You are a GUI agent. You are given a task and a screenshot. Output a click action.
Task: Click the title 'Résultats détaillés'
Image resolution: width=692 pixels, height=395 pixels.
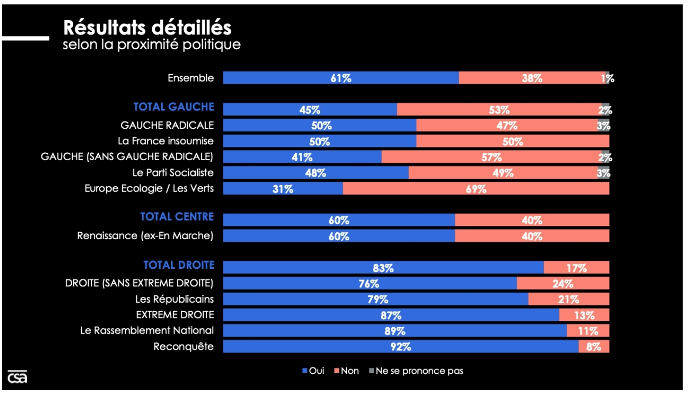point(147,28)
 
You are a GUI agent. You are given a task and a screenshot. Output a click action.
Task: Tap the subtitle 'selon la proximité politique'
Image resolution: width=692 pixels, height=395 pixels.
point(152,45)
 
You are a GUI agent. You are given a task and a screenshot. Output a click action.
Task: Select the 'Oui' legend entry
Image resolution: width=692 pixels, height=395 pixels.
point(313,371)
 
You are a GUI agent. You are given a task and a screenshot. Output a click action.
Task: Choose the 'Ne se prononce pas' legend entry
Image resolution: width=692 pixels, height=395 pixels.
point(415,371)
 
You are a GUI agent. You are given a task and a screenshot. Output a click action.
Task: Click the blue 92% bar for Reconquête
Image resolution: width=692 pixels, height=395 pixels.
point(400,346)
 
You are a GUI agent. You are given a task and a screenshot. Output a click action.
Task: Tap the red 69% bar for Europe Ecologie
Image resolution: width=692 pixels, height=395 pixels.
point(476,189)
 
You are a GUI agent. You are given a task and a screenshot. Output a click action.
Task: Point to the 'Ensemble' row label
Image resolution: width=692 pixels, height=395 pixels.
point(191,78)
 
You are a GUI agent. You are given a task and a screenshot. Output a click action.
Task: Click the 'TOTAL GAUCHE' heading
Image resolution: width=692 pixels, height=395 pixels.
point(174,107)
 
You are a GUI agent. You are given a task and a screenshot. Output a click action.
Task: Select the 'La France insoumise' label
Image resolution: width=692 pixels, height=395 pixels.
point(166,141)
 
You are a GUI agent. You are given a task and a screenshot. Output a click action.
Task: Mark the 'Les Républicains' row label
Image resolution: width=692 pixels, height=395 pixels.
point(174,299)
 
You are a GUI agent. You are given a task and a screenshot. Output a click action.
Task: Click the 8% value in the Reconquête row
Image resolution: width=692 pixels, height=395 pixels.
point(593,346)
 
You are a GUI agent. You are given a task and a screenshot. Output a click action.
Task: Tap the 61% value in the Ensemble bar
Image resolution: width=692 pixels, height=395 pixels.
point(341,78)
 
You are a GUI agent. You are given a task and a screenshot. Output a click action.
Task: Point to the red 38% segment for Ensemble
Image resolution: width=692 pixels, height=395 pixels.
point(532,78)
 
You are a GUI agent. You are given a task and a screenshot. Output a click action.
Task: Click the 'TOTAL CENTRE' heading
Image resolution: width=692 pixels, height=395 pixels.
point(177,217)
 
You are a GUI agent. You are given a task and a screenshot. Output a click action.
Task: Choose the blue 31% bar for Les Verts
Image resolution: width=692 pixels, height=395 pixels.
point(283,189)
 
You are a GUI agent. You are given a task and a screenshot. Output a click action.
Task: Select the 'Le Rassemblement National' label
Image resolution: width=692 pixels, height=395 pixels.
point(147,330)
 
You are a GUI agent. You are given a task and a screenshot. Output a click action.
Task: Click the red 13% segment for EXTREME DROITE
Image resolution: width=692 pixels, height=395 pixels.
point(584,315)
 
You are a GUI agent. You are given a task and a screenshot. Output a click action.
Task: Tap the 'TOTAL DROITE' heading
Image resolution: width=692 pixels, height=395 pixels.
point(179,265)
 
